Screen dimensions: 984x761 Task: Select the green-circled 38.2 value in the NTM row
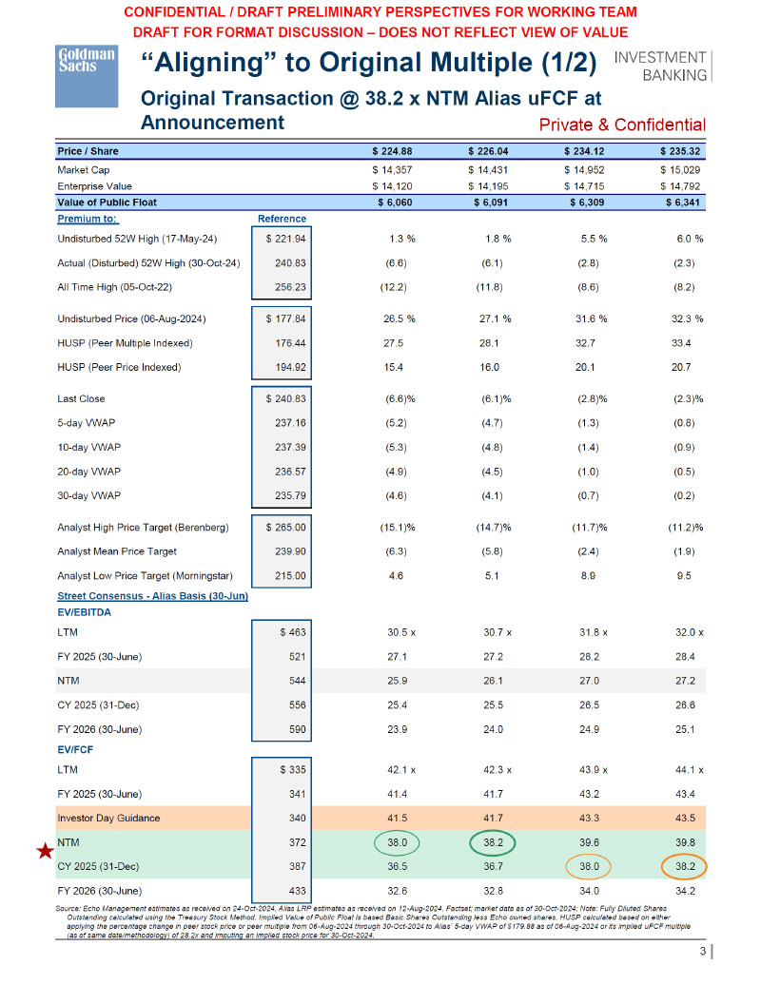pos(492,842)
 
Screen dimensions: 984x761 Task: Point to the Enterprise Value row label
pos(94,185)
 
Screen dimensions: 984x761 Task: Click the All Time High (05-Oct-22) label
pos(119,286)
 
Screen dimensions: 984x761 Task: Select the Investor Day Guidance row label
pos(108,819)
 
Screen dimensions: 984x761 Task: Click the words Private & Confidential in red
pos(621,125)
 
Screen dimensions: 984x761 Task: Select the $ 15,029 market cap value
pos(682,168)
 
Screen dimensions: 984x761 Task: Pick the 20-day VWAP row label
pos(94,471)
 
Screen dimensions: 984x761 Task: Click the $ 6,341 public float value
pos(682,202)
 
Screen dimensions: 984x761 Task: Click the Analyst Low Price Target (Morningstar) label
pos(146,575)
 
